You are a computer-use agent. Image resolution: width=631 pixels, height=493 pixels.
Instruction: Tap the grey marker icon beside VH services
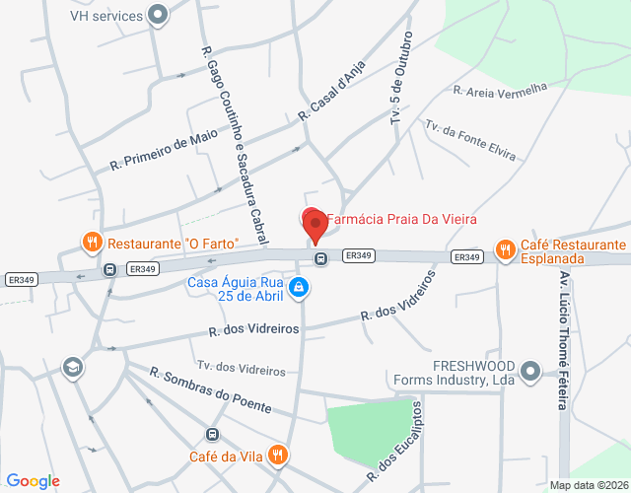tap(157, 15)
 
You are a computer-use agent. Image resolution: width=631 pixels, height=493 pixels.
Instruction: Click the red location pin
tap(315, 226)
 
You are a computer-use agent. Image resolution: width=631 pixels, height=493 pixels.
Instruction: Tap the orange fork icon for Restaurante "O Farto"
tap(92, 242)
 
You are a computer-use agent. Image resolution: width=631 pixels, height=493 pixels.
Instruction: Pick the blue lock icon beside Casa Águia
tap(299, 287)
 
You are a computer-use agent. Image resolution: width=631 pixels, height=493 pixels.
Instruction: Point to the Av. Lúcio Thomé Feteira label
tap(565, 340)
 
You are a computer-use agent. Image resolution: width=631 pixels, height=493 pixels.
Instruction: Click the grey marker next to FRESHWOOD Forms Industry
tap(531, 371)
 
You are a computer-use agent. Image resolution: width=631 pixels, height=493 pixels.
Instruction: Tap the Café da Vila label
tap(228, 456)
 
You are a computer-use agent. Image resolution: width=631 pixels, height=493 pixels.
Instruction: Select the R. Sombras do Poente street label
tap(209, 391)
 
